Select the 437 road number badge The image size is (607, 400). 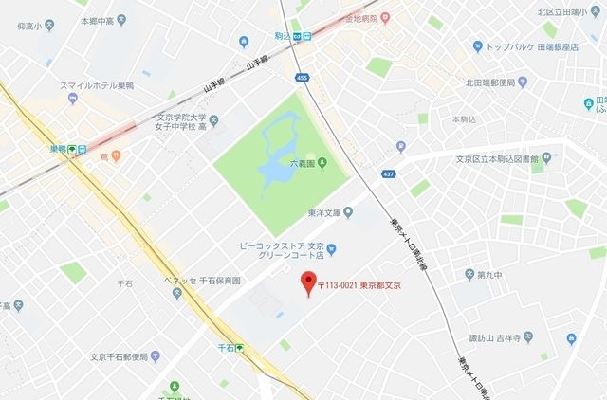(x=387, y=174)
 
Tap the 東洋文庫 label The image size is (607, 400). (x=323, y=212)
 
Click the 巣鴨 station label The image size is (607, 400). (x=59, y=149)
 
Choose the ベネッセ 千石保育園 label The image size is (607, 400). (x=199, y=282)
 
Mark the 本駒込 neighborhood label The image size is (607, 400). (x=462, y=119)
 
